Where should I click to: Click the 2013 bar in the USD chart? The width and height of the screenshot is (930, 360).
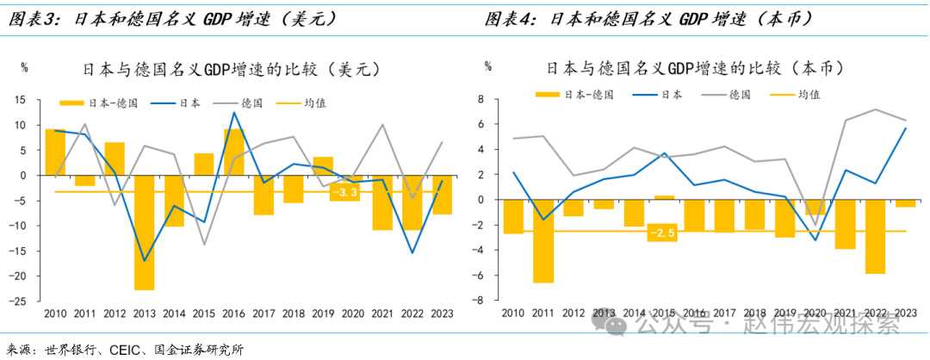pos(144,233)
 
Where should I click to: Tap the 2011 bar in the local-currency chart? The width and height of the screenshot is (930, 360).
pos(542,241)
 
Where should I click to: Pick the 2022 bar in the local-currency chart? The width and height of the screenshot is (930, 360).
pos(875,237)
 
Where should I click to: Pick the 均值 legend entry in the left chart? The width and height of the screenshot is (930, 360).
pos(314,103)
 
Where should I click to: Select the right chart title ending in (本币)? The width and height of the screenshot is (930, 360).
pos(695,68)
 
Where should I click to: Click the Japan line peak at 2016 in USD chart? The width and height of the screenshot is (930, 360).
pos(233,113)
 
